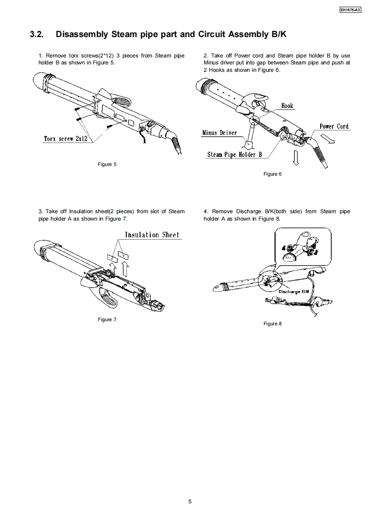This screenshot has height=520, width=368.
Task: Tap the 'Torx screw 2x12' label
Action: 65,139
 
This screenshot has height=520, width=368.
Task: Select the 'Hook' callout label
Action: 287,106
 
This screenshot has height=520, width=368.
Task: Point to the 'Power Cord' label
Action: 334,127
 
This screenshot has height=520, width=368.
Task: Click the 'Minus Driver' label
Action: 219,133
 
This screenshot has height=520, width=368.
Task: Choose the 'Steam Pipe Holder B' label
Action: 234,155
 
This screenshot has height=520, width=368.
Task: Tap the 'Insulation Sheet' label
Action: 152,235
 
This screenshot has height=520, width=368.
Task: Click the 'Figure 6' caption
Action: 272,174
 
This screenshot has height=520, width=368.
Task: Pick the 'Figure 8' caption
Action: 272,323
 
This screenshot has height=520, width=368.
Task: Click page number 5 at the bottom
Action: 190,501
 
